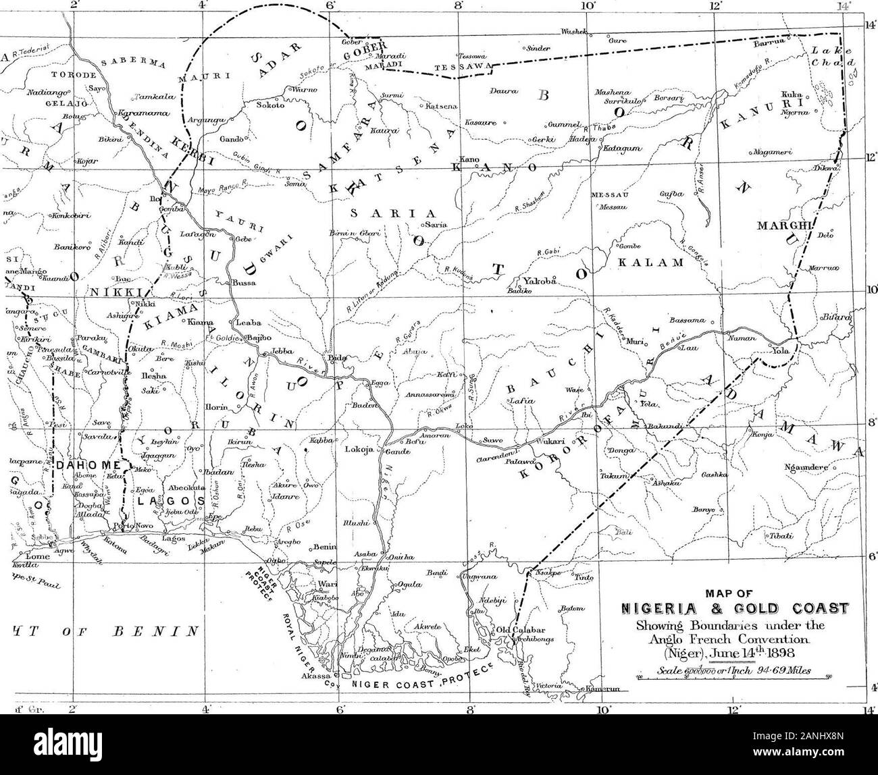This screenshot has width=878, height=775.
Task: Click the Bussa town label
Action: pyautogui.click(x=244, y=283)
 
